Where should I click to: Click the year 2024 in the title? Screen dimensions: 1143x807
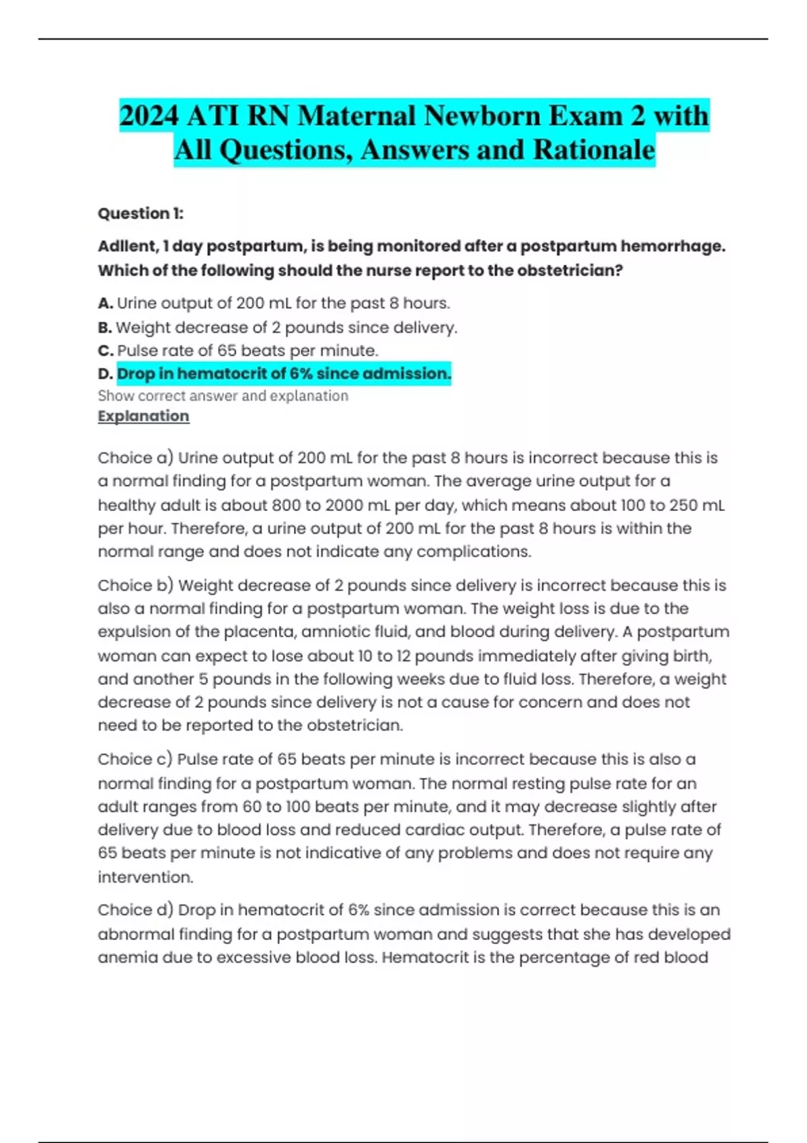click(149, 116)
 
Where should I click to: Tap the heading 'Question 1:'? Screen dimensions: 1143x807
click(141, 214)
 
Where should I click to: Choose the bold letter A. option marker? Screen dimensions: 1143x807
click(105, 304)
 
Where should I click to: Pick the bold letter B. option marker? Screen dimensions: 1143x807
click(105, 328)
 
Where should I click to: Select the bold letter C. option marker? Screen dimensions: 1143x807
click(105, 351)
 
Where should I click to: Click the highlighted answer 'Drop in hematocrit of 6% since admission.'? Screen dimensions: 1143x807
click(284, 374)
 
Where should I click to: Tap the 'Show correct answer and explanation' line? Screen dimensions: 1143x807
click(223, 396)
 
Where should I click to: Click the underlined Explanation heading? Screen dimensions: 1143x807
click(143, 416)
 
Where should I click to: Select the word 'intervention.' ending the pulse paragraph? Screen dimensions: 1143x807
click(145, 877)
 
